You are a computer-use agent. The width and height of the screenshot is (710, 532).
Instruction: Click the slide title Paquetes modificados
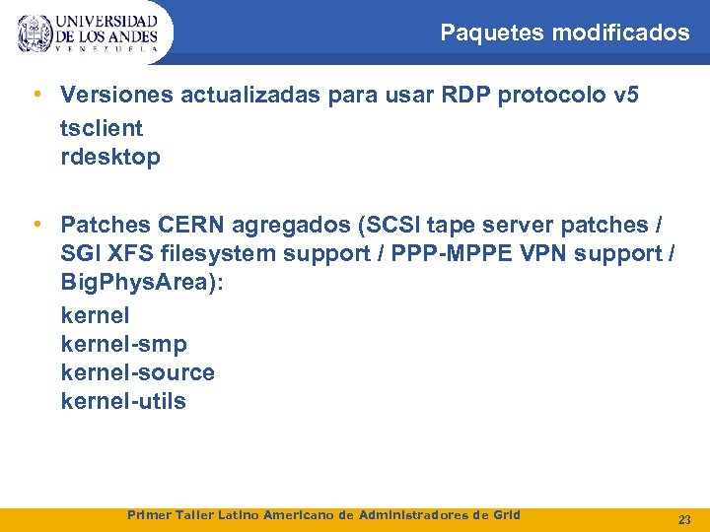(x=564, y=33)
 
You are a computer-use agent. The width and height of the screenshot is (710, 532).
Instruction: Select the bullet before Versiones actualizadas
(x=35, y=95)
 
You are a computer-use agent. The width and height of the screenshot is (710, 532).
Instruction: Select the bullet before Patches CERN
(x=35, y=224)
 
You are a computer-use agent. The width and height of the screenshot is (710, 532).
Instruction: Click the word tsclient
(x=102, y=128)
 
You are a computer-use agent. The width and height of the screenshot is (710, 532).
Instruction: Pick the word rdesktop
(x=110, y=157)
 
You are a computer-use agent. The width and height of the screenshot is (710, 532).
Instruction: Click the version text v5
(x=625, y=96)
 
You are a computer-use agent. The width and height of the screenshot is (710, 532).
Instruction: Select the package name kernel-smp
(x=123, y=344)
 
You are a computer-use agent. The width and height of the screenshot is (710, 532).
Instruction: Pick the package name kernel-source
(x=137, y=372)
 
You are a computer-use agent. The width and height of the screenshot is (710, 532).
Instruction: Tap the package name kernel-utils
(x=123, y=401)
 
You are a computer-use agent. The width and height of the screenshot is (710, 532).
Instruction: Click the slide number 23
(x=684, y=518)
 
